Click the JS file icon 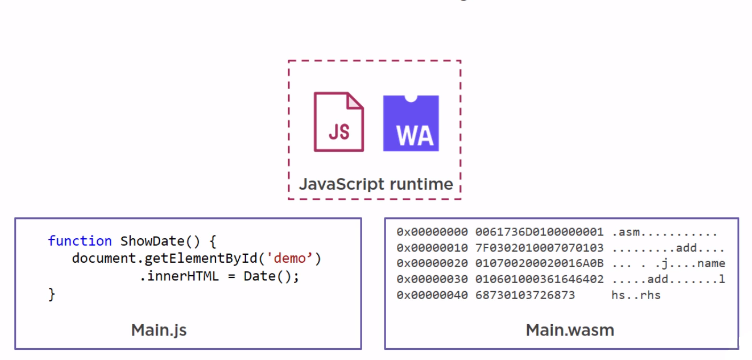point(339,122)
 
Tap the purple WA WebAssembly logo point(411,123)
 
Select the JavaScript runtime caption point(375,184)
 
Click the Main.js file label point(159,330)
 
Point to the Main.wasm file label point(570,330)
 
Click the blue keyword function point(80,241)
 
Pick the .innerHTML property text point(179,277)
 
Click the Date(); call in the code point(271,277)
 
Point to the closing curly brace point(52,294)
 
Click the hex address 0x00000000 point(432,232)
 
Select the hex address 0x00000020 point(432,263)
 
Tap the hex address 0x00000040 point(432,295)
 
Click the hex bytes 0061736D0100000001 point(539,232)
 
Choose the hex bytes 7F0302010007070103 point(539,248)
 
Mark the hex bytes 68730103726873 point(525,295)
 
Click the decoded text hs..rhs point(636,295)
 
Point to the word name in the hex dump point(711,263)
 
